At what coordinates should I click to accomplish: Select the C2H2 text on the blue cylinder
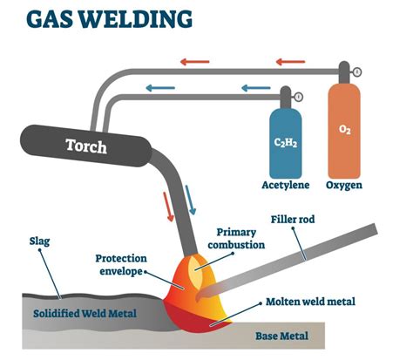click(286, 140)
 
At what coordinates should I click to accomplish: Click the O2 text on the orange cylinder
click(343, 129)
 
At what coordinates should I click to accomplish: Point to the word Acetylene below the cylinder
click(285, 186)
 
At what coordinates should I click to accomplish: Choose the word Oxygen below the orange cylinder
click(344, 186)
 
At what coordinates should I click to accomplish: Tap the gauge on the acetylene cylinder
click(299, 96)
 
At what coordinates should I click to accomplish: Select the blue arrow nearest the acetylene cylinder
click(254, 88)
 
